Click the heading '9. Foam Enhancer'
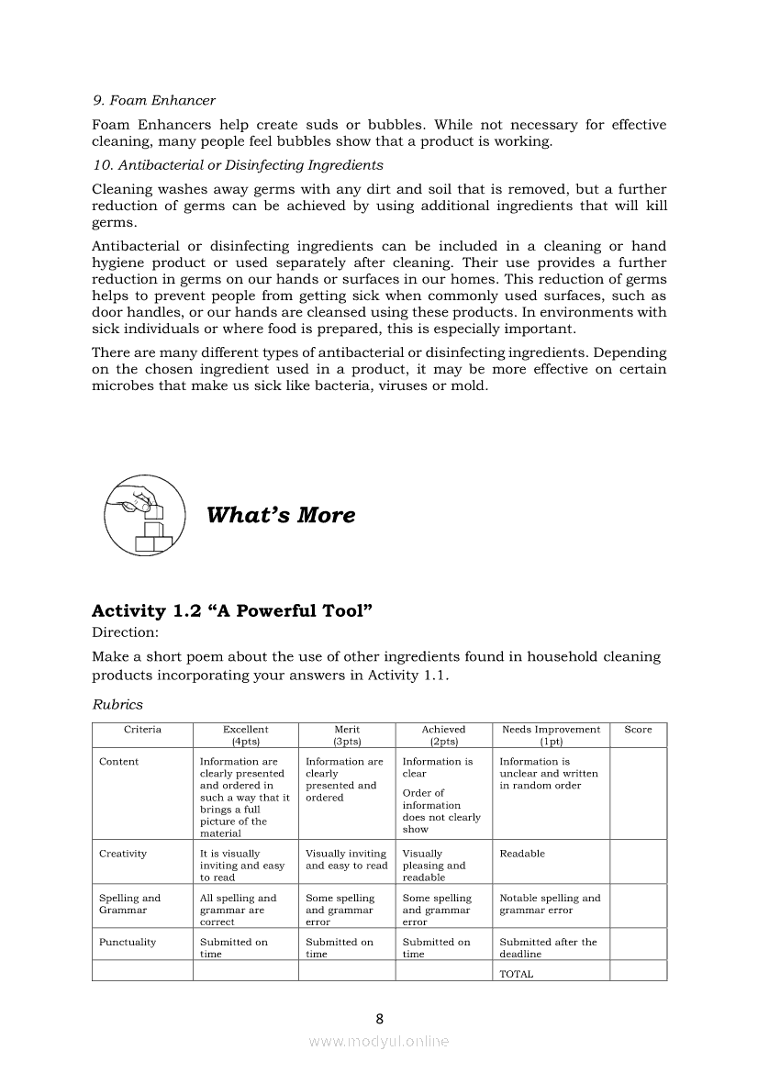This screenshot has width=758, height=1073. point(153,100)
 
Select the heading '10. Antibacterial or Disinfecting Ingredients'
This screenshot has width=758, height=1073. point(238,165)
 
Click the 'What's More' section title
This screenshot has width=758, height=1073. point(281,515)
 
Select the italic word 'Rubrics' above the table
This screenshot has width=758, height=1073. point(117,705)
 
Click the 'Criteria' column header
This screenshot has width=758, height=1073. point(142,730)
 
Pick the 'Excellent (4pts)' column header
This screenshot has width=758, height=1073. point(245,735)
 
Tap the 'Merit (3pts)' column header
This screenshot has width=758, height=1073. point(346,735)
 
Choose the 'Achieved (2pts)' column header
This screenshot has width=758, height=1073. point(443,735)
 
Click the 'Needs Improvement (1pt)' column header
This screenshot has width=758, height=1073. point(551,735)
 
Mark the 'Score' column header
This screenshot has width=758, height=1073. point(638,730)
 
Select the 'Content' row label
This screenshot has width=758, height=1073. point(119,762)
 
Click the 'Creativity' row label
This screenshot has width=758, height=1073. point(123,854)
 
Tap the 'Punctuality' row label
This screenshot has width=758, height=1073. point(128,943)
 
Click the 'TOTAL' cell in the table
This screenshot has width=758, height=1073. point(516,974)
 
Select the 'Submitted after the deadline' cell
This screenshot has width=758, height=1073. point(548,948)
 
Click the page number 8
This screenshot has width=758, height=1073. point(379,1018)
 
